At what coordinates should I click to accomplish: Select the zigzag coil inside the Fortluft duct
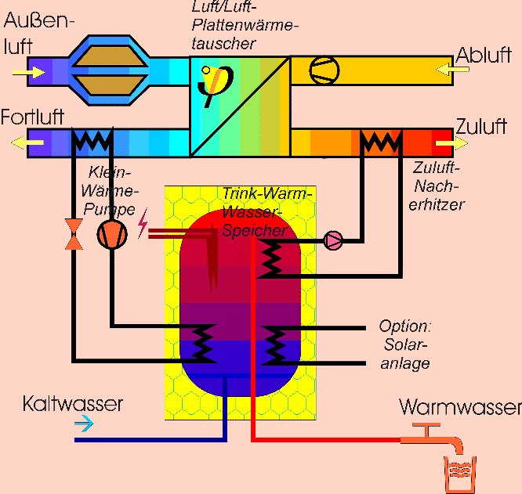[x=92, y=142]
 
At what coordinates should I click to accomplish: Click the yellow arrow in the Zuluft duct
[x=446, y=144]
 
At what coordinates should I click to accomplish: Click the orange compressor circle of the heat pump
[x=111, y=234]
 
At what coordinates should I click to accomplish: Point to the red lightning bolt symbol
[x=143, y=225]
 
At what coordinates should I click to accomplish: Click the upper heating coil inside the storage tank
[x=272, y=258]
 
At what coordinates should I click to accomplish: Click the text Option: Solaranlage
[x=405, y=344]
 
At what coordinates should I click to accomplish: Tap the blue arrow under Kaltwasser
[x=82, y=424]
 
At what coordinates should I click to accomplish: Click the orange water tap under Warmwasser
[x=433, y=438]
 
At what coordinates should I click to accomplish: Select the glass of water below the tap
[x=460, y=474]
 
